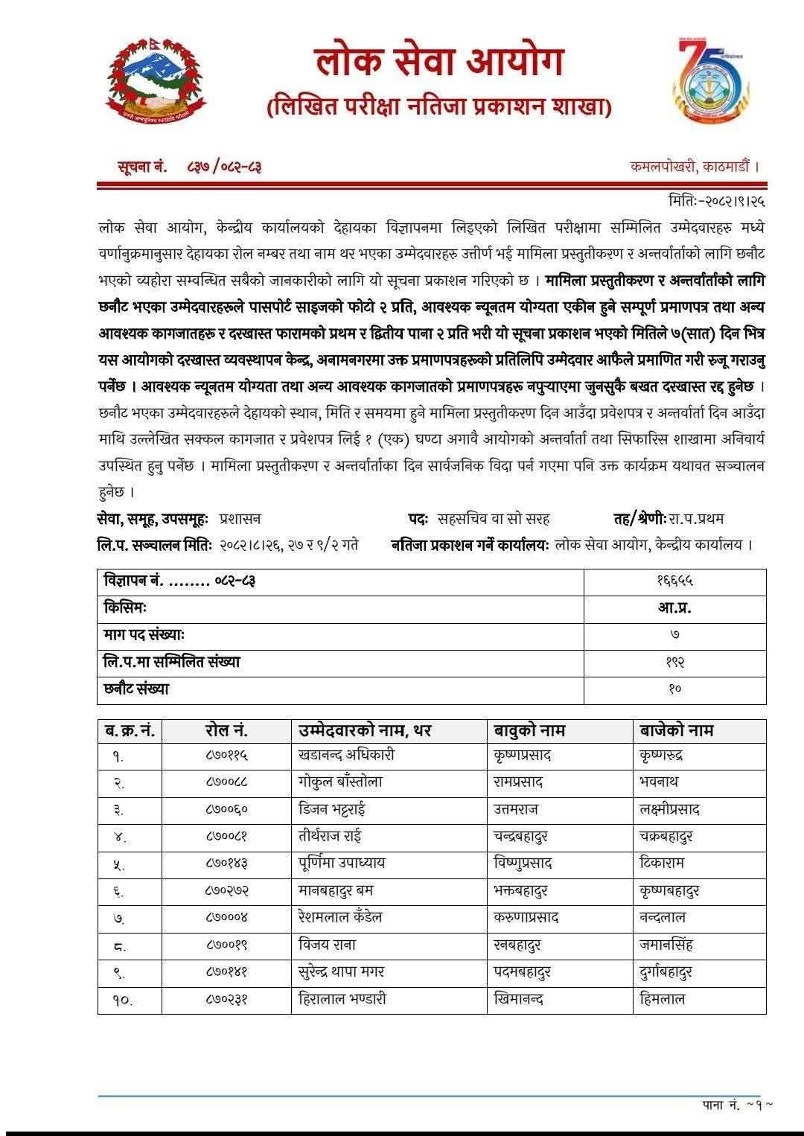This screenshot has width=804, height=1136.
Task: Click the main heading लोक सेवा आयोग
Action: click(x=438, y=62)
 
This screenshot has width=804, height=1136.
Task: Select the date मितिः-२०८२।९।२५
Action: click(x=717, y=200)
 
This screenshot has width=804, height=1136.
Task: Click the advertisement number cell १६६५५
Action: click(x=674, y=581)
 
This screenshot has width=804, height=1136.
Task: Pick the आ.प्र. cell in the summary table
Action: click(x=674, y=607)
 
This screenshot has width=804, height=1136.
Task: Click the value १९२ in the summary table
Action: click(x=674, y=662)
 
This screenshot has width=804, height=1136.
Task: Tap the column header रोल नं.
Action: click(x=226, y=730)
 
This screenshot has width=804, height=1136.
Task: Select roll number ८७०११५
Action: click(x=226, y=756)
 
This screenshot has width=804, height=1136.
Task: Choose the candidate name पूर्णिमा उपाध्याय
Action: click(x=342, y=864)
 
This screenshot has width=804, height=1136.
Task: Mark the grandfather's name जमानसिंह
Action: click(x=666, y=945)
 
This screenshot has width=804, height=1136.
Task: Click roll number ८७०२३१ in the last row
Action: click(x=226, y=999)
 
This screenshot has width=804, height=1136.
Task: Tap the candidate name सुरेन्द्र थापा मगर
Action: click(x=341, y=971)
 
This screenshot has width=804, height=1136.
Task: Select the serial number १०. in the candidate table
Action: click(x=122, y=1001)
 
